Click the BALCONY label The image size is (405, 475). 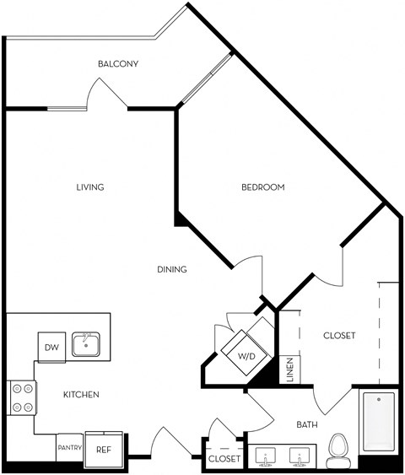point(118,64)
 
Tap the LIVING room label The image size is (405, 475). point(90,187)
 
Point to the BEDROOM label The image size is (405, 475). point(263,187)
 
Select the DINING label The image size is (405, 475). point(172,269)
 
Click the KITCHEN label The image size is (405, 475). point(81,394)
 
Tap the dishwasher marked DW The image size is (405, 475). point(51,347)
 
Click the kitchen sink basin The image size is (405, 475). point(86,344)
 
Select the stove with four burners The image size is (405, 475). point(23,397)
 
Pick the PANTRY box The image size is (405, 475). point(70,447)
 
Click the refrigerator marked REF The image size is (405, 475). point(104,450)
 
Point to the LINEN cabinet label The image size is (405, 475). point(290,370)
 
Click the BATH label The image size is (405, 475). point(307,424)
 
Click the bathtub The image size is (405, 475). point(379,422)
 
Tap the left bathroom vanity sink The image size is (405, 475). point(265,456)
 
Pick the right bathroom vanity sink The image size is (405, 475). point(300,456)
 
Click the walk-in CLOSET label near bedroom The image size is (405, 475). point(339,336)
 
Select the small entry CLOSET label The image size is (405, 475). point(224,459)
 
